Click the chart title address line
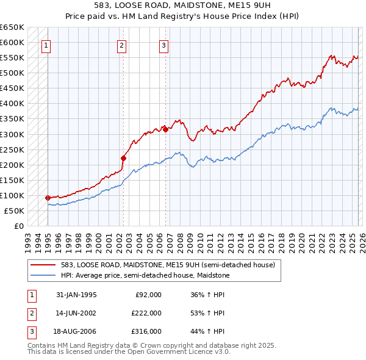tap(183, 5)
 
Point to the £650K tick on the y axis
tap(12, 27)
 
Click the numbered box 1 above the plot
tap(46, 45)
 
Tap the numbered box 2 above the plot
tap(122, 45)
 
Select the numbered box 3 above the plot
tap(164, 45)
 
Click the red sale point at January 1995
tap(48, 198)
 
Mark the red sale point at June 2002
tap(123, 158)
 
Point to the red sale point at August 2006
tap(165, 129)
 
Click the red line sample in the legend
tap(43, 265)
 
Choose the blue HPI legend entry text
tap(145, 275)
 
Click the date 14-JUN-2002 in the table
tap(76, 313)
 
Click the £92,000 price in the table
tap(148, 295)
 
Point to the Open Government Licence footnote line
tap(129, 351)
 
